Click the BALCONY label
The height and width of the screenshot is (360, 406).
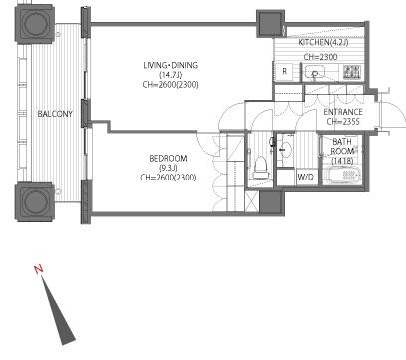pos(55,114)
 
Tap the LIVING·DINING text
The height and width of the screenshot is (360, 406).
pos(171,65)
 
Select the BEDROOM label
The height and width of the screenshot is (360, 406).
pos(168,159)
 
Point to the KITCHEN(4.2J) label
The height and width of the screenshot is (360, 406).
pos(323,42)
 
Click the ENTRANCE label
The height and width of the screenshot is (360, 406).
pos(343,112)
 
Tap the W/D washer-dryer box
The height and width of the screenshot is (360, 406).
pos(305,177)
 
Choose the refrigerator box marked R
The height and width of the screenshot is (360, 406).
pos(285,71)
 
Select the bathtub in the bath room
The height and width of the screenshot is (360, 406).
pos(344,175)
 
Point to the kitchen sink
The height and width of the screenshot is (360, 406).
pos(314,72)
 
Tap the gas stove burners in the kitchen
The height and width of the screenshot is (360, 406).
pos(352,72)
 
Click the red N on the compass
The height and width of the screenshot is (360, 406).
pos(39,269)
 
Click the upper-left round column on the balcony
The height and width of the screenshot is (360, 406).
pos(34,24)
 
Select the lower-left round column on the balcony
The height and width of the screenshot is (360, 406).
pos(35,201)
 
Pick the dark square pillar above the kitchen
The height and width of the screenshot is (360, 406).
pos(270,23)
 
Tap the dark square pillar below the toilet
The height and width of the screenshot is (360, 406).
pos(272,202)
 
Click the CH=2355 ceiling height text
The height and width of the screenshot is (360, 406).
pos(343,122)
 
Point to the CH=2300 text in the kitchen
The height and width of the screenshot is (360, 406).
pos(320,57)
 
